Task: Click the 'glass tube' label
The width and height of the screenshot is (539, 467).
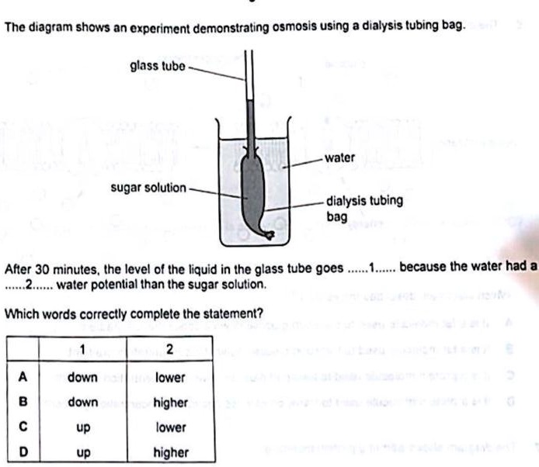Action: [x=158, y=66]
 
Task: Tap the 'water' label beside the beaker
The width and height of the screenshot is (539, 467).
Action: [x=339, y=157]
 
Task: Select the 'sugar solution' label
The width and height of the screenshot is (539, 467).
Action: [x=148, y=188]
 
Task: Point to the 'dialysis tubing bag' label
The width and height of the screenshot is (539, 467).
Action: [x=363, y=208]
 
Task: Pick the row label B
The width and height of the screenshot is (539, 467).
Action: [x=23, y=402]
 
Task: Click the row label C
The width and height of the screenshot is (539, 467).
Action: [x=23, y=427]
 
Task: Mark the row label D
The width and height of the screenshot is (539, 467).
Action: [x=23, y=451]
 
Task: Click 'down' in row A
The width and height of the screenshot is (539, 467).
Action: [x=82, y=377]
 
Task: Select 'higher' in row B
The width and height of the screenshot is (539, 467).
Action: [x=171, y=402]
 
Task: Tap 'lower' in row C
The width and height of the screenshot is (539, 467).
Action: [x=170, y=427]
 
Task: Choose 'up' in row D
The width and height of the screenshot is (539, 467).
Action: [x=83, y=451]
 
